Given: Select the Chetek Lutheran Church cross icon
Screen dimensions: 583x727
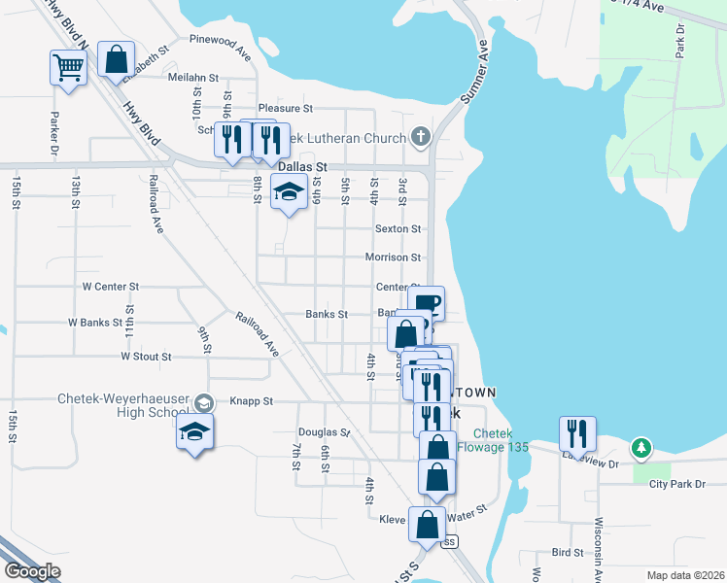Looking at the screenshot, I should [420, 137].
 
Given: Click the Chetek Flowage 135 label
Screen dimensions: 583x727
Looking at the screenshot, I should [501, 440].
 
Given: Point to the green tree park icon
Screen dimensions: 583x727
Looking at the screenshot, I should [640, 447].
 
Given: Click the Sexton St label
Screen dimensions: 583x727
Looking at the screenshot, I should [398, 229].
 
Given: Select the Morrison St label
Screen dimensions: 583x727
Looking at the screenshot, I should [393, 257].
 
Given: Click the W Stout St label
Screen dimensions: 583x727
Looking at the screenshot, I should [146, 357].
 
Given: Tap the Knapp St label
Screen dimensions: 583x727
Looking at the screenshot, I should [252, 400].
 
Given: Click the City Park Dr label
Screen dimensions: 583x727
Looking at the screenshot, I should [677, 483].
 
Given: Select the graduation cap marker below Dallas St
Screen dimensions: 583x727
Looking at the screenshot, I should [290, 193].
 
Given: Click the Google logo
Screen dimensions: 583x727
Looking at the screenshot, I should [32, 571].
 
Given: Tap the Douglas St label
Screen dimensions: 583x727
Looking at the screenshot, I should [324, 431].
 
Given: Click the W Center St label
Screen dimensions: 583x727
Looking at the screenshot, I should [111, 287].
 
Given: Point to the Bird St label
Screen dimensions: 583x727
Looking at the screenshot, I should [567, 552].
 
